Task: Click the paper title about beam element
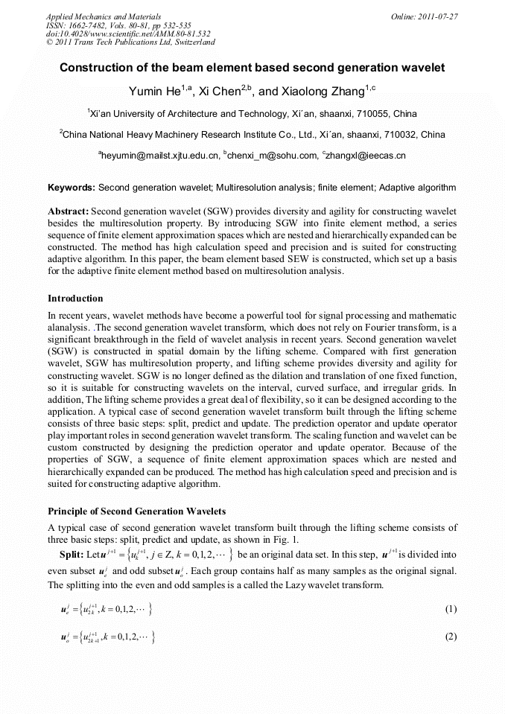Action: (x=252, y=68)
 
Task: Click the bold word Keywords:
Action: (x=72, y=188)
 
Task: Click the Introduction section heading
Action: (x=75, y=299)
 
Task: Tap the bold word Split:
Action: (x=72, y=555)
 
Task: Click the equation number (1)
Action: (x=450, y=609)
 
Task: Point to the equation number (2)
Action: (x=450, y=637)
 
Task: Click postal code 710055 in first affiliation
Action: (x=375, y=115)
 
